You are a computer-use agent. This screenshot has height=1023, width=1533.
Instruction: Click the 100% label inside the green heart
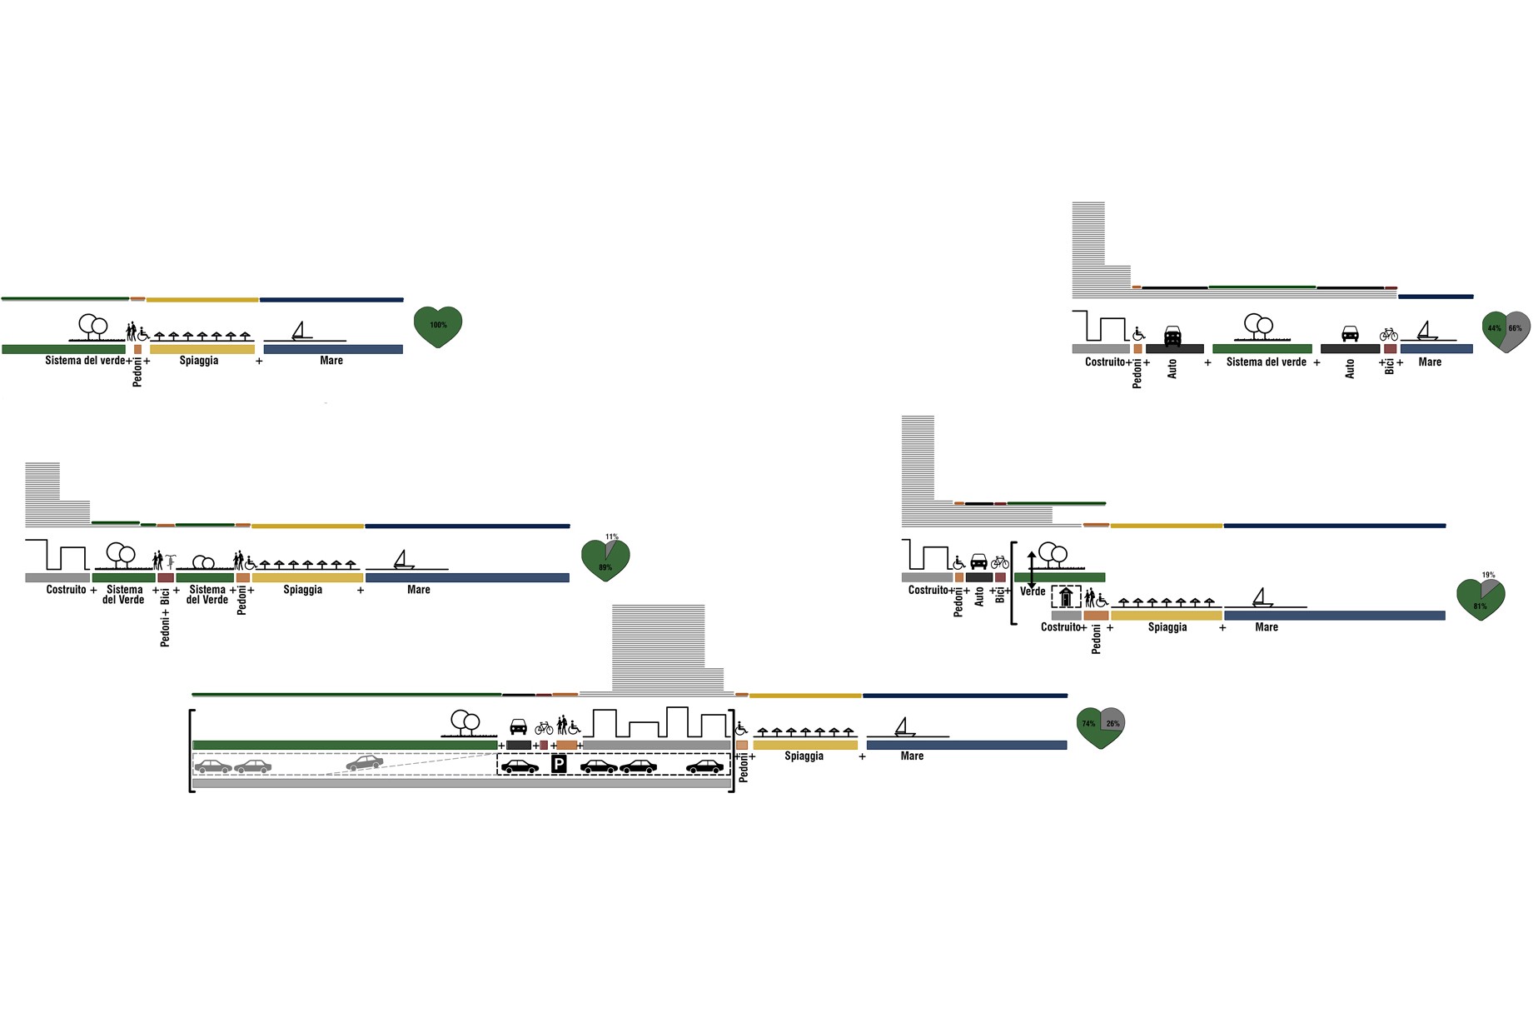pyautogui.click(x=438, y=325)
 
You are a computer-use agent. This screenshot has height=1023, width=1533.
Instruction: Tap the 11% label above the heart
pyautogui.click(x=612, y=537)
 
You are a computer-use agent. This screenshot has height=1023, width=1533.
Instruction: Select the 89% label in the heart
pyautogui.click(x=605, y=568)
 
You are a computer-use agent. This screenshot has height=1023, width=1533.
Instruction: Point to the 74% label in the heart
pyautogui.click(x=1088, y=724)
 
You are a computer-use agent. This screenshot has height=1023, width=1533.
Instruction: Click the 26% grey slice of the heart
pyautogui.click(x=1113, y=722)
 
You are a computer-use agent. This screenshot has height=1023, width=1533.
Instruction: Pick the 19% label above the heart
pyautogui.click(x=1488, y=576)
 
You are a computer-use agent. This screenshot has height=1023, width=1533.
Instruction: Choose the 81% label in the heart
pyautogui.click(x=1480, y=606)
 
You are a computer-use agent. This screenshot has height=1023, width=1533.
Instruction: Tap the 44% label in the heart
pyautogui.click(x=1495, y=328)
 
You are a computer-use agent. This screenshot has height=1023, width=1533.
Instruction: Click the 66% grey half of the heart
pyautogui.click(x=1516, y=328)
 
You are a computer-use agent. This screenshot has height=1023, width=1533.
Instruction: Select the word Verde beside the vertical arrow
pyautogui.click(x=1033, y=591)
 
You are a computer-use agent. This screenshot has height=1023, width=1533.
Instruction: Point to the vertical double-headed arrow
pyautogui.click(x=1032, y=570)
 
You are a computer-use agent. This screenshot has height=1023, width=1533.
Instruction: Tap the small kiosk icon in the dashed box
pyautogui.click(x=1066, y=597)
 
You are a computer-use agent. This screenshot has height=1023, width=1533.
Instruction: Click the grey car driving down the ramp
pyautogui.click(x=365, y=761)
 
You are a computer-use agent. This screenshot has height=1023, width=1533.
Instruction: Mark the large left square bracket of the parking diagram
pyautogui.click(x=192, y=751)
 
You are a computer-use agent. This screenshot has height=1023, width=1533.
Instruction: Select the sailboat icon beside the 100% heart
pyautogui.click(x=301, y=331)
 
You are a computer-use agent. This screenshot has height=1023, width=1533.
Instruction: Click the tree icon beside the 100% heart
pyautogui.click(x=92, y=326)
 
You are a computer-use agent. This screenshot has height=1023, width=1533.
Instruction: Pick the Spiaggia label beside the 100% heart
pyautogui.click(x=199, y=361)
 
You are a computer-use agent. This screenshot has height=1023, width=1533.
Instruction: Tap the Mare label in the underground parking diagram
pyautogui.click(x=912, y=756)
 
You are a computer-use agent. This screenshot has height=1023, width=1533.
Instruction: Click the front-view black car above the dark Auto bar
pyautogui.click(x=1172, y=335)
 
